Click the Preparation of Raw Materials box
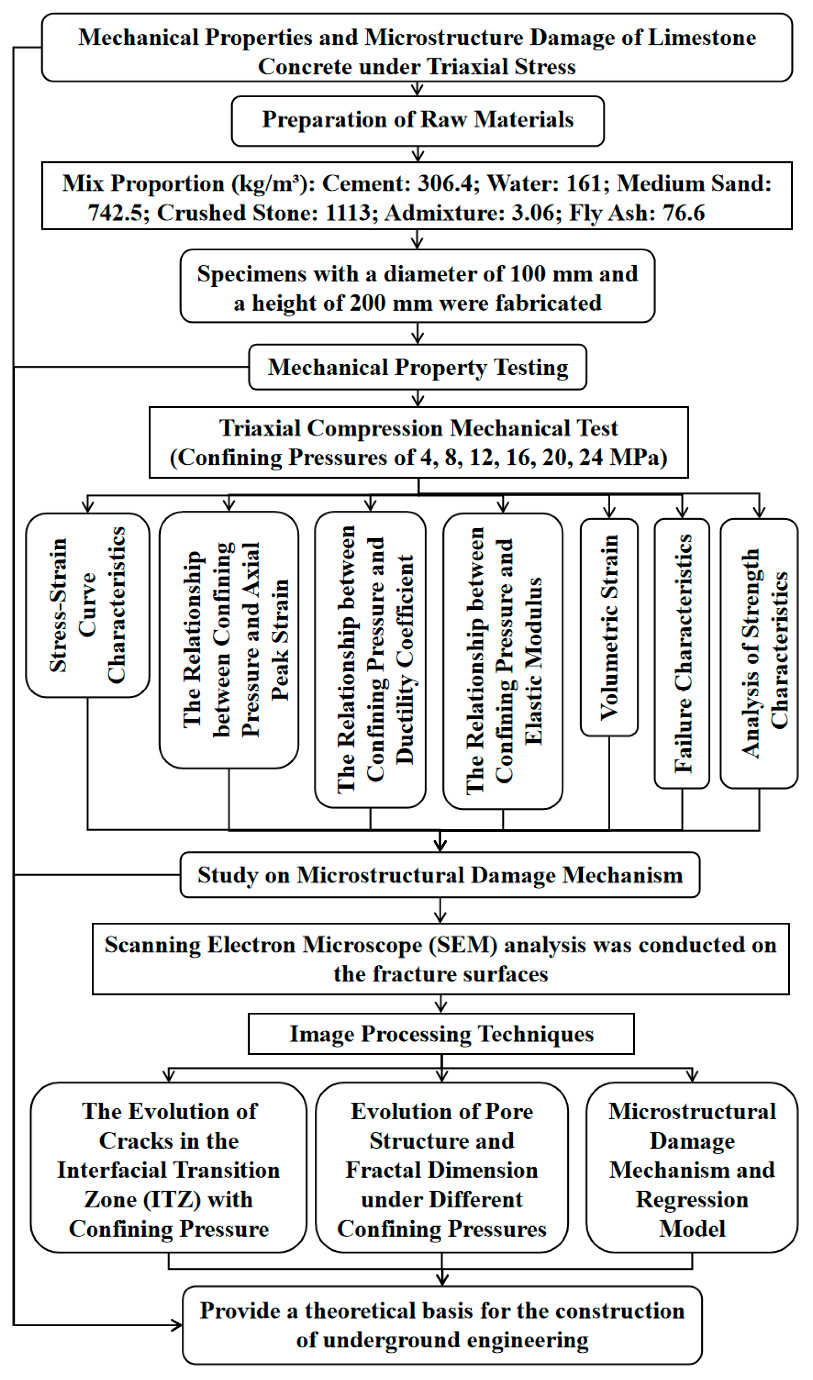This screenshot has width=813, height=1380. coord(418,121)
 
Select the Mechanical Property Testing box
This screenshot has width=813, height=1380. coord(418,367)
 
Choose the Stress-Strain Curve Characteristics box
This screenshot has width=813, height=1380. coord(88,606)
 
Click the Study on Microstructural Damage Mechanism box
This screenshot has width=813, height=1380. coord(440,875)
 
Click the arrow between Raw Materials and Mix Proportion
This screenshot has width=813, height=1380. coord(418,154)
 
